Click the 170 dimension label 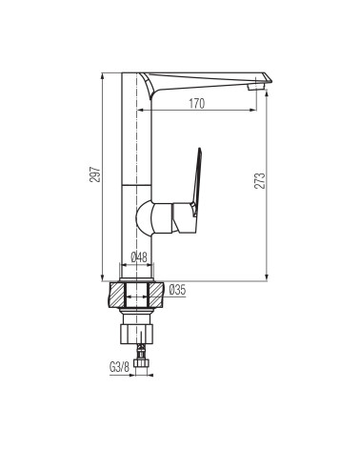[197, 104]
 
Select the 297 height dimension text [95, 174]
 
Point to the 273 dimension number [259, 181]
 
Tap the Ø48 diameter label [139, 257]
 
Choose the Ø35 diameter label [177, 290]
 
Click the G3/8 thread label [119, 367]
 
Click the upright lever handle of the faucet [196, 182]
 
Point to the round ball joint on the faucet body [145, 218]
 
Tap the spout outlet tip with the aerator [256, 87]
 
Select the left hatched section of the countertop [117, 295]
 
